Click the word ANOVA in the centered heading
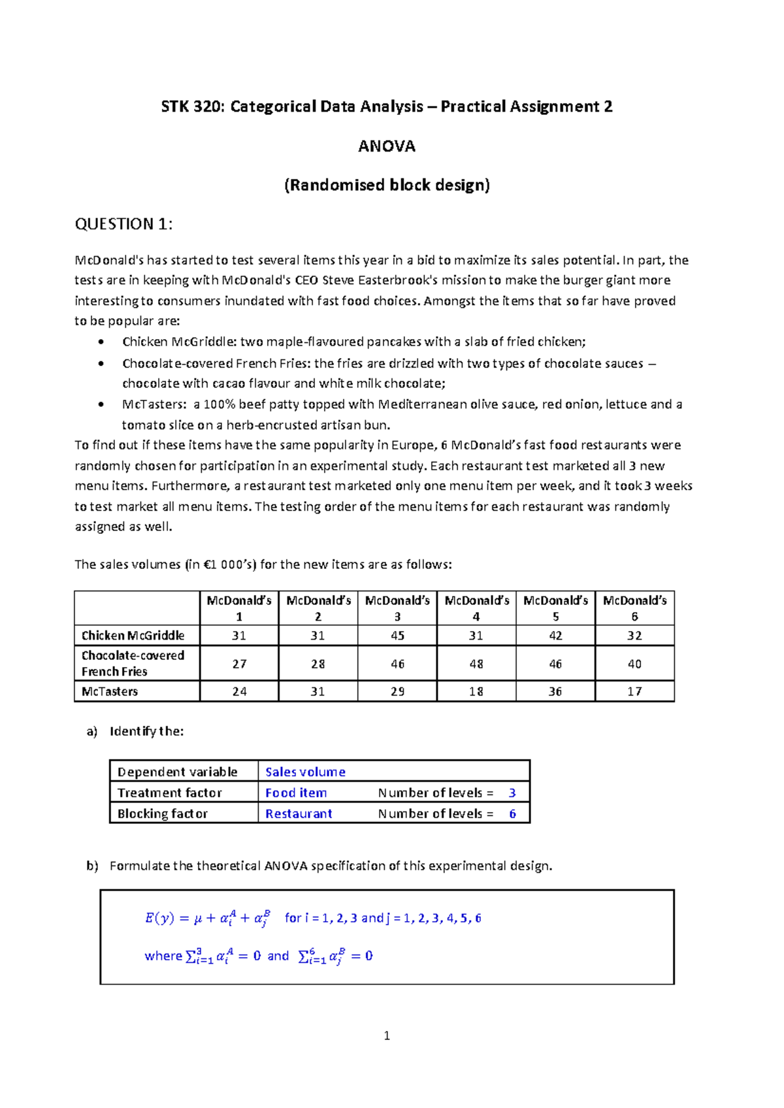pos(386,146)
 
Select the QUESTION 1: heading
pos(123,224)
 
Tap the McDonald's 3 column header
pos(397,608)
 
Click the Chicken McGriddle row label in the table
pos(133,636)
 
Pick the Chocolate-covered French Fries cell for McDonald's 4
pos(476,664)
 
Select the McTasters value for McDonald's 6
pos(634,691)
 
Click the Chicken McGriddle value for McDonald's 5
pos(555,636)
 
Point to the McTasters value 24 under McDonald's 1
pos(239,691)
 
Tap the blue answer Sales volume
pos(305,772)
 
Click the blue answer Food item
pos(296,792)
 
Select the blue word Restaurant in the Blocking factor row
pos(299,813)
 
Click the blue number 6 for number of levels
pos(513,813)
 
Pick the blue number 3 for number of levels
pos(512,792)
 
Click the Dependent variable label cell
pos(177,772)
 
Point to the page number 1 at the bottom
pos(387,1035)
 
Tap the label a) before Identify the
pos(91,732)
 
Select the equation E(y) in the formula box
pos(159,918)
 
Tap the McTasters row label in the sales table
pos(110,691)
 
